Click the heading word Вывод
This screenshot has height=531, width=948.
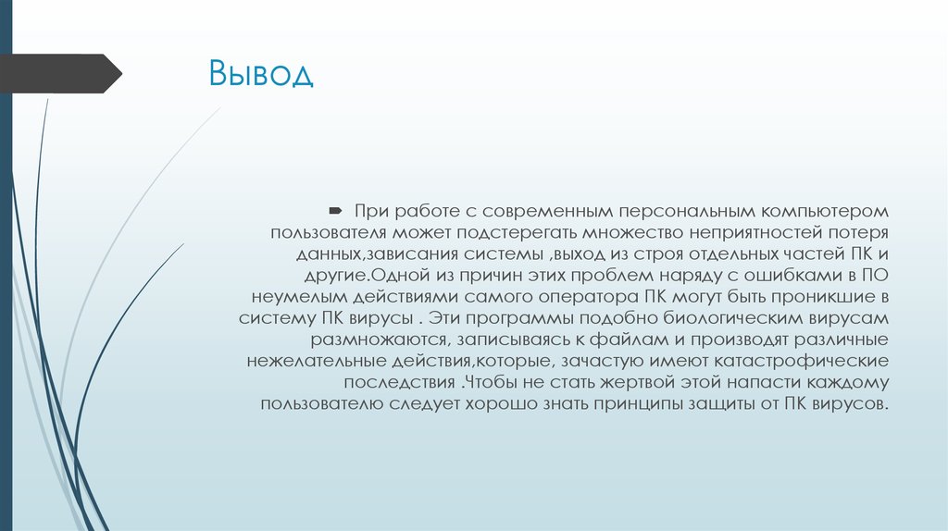tap(261, 73)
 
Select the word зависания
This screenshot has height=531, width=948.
tap(430, 253)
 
